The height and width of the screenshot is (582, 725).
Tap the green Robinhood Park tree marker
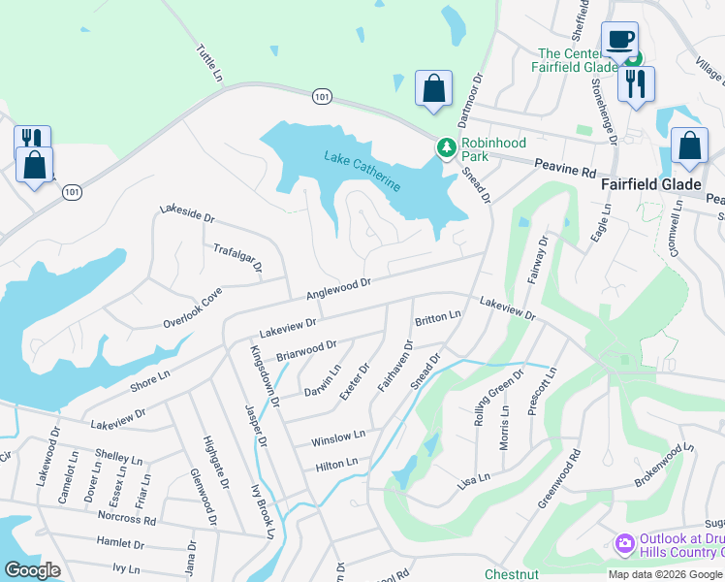(446, 147)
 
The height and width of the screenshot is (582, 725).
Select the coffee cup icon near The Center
(619, 40)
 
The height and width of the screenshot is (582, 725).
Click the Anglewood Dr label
(339, 288)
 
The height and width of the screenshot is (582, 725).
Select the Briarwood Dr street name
(306, 350)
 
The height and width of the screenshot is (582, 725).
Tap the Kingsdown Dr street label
(265, 374)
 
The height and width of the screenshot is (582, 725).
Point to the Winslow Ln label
(337, 438)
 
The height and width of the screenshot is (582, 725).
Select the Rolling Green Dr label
(497, 397)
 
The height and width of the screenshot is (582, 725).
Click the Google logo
(32, 570)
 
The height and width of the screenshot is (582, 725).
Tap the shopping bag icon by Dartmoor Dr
(433, 88)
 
